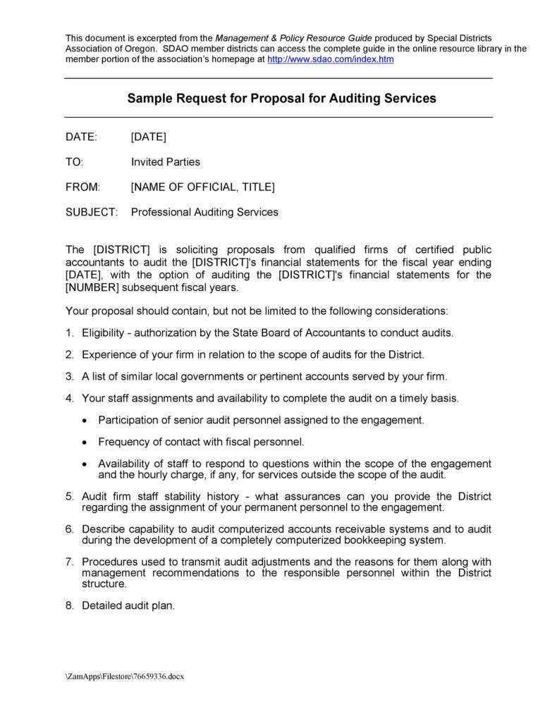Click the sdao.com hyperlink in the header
(330, 60)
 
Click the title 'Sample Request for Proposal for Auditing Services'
(281, 99)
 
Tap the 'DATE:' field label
(82, 137)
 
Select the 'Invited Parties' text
(166, 162)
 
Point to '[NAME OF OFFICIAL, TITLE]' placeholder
(203, 187)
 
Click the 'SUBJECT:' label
(92, 212)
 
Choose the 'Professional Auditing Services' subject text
(204, 212)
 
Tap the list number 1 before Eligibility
(69, 333)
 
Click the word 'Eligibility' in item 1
(106, 333)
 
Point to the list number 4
(69, 398)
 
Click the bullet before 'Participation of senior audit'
(85, 421)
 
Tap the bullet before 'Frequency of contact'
(85, 442)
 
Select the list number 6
(69, 529)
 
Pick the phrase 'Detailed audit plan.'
(128, 605)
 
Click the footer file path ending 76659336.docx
(125, 677)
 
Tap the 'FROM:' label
(83, 187)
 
